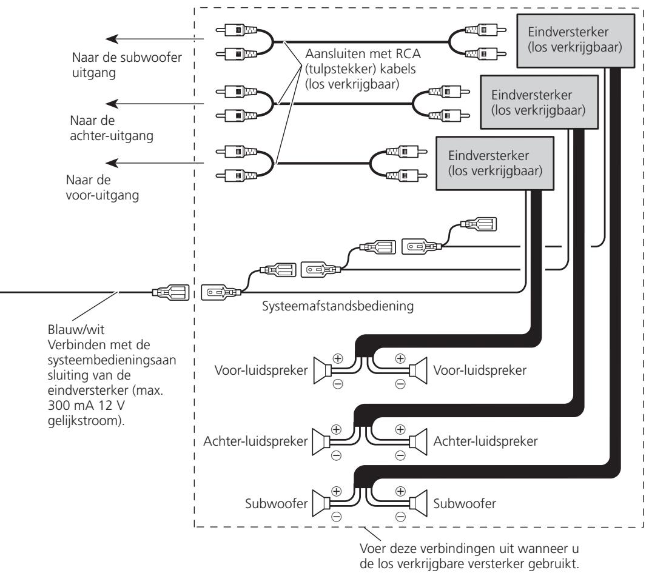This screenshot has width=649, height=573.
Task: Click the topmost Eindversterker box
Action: tap(576, 41)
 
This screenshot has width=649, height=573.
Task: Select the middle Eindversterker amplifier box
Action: tap(539, 102)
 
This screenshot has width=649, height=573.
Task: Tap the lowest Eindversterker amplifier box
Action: tap(495, 164)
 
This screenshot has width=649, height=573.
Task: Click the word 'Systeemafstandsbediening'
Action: tap(338, 306)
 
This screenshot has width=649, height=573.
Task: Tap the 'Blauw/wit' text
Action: tap(76, 330)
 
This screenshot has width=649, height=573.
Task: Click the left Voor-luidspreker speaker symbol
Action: tap(322, 370)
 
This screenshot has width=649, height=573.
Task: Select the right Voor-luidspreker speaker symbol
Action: tap(418, 370)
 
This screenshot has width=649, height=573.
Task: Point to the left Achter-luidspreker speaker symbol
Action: tap(321, 442)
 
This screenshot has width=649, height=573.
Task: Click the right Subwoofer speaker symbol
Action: tap(418, 503)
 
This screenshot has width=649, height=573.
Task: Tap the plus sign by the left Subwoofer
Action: tap(337, 491)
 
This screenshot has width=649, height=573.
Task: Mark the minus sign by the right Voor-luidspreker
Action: tap(400, 384)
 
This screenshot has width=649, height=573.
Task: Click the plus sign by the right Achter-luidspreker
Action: tap(400, 429)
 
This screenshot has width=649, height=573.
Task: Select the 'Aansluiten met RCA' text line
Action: tap(363, 54)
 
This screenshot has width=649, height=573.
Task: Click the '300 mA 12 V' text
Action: tap(86, 405)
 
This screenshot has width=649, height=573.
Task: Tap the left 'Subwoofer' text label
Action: tap(276, 503)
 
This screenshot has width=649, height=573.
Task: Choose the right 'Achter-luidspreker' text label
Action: tap(485, 441)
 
